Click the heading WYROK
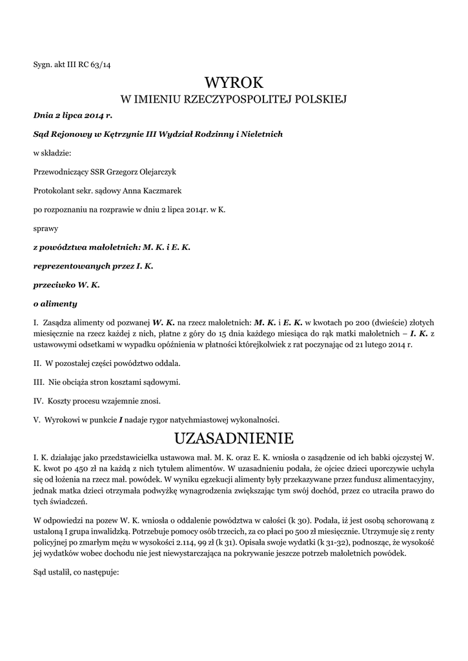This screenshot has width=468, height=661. pos(234,82)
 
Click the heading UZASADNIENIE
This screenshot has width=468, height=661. pos(234,439)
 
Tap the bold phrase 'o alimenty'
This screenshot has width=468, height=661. pos(55,303)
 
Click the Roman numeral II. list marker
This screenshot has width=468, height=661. pos(37,363)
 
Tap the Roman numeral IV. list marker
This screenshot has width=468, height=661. pos(37,401)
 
